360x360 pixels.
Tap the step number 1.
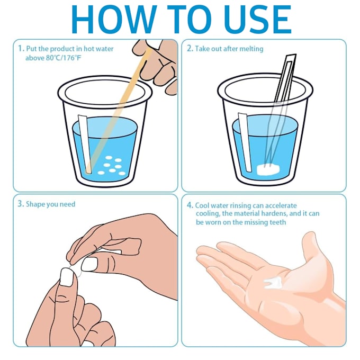(20, 49)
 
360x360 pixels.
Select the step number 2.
(189, 49)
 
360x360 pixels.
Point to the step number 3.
(20, 204)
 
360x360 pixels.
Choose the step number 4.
(189, 205)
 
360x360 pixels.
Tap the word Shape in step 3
(35, 204)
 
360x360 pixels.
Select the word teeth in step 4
(277, 222)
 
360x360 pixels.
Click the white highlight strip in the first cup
(86, 143)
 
